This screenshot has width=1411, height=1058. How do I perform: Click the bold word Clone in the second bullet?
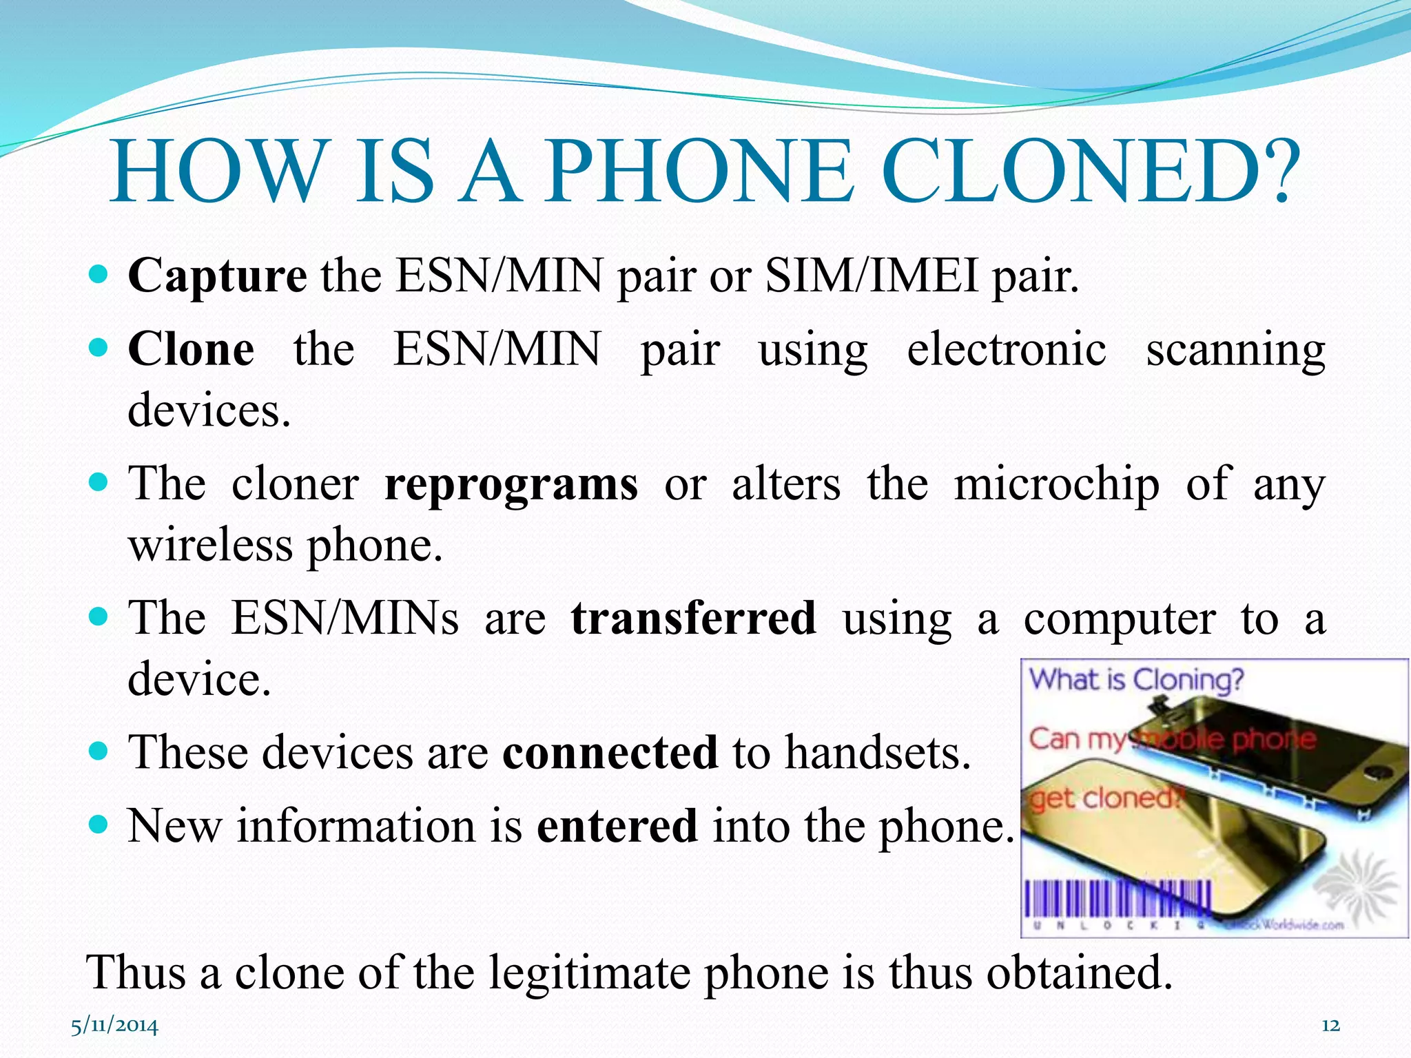(x=191, y=349)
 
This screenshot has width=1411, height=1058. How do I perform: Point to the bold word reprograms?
(x=511, y=484)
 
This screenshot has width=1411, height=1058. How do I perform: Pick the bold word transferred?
(x=694, y=618)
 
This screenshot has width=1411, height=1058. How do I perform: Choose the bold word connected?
(x=610, y=751)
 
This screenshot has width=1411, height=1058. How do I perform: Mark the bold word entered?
(x=617, y=825)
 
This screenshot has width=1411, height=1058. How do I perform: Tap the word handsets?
(x=878, y=751)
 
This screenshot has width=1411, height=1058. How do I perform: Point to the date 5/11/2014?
(x=114, y=1026)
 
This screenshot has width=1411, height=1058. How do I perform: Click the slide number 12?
(x=1330, y=1026)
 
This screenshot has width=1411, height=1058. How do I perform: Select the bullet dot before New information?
(x=99, y=824)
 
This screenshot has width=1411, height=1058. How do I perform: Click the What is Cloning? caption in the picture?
(x=1137, y=681)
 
